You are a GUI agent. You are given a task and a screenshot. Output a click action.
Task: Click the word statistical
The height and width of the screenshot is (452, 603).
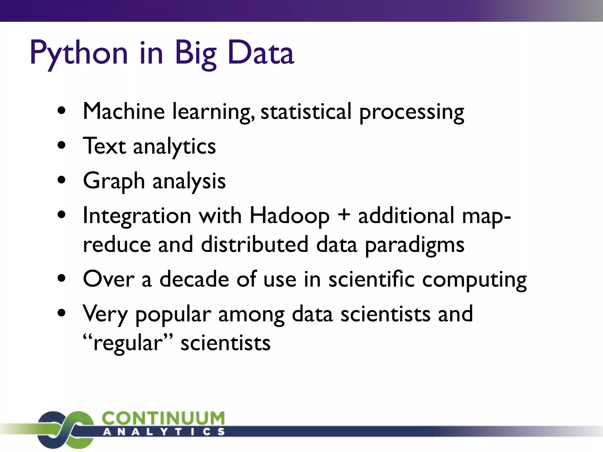(x=306, y=112)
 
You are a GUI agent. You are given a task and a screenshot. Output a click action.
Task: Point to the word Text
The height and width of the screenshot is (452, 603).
(x=105, y=146)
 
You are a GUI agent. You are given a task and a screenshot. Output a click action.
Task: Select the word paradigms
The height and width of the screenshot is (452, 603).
(x=415, y=245)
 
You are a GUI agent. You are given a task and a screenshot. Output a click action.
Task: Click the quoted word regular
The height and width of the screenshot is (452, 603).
(x=128, y=344)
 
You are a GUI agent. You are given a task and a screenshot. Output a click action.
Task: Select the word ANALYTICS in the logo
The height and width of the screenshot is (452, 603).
(x=164, y=432)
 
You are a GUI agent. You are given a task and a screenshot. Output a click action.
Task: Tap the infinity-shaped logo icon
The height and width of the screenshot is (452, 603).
(x=66, y=429)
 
